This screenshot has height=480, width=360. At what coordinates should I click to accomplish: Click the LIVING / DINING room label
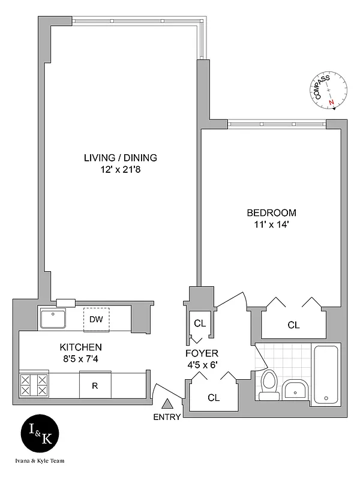point(120,158)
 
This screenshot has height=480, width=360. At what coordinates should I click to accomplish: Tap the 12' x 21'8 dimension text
point(120,170)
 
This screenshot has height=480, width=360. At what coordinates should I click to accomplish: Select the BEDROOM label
point(271,213)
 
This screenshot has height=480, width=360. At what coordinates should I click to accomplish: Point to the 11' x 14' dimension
point(271,225)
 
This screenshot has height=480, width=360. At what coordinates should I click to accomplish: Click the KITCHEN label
point(80,347)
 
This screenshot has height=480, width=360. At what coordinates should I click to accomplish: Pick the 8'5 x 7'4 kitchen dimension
point(80,359)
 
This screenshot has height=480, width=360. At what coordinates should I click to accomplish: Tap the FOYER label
point(202,353)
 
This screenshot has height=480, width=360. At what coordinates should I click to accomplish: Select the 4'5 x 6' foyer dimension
point(202,365)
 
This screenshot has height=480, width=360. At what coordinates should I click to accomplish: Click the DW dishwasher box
point(96,319)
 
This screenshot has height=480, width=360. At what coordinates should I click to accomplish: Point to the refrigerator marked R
point(94,385)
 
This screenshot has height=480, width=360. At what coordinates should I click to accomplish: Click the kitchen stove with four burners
point(34,385)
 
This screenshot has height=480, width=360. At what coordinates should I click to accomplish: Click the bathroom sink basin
point(294,391)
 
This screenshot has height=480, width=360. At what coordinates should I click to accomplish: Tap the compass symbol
point(331,91)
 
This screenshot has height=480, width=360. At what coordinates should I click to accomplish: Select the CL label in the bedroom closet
point(293,325)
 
